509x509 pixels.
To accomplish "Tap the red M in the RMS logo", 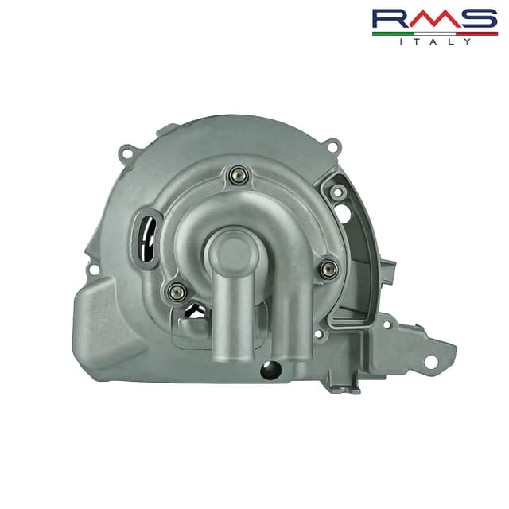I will [434, 20].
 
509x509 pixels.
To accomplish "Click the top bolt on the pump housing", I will [237, 176].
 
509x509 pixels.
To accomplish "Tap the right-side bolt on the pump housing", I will [328, 269].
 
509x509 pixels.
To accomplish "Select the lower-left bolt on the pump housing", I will [177, 292].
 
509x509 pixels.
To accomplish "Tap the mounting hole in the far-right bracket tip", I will [431, 362].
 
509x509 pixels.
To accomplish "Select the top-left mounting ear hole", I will [126, 150].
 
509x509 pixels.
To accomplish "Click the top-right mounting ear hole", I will [334, 146].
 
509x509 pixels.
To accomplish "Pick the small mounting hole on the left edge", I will [94, 270].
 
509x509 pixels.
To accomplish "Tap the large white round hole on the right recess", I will [343, 213].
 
